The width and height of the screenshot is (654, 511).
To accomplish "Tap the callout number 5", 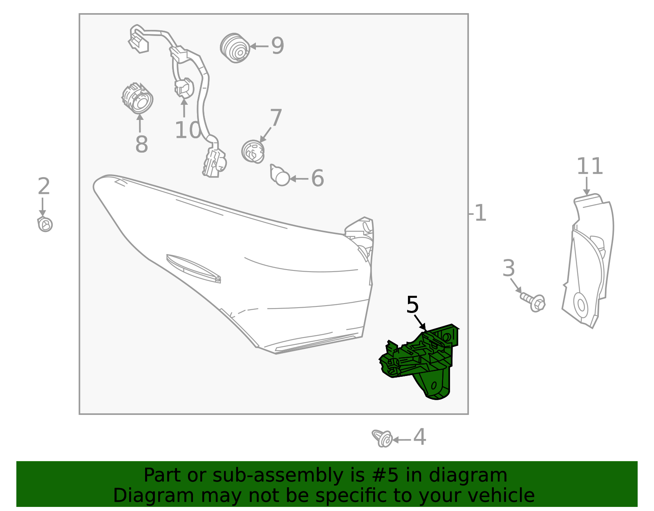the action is [412, 305].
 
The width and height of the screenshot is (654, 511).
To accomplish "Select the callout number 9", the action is [278, 46].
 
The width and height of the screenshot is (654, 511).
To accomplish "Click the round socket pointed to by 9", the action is [235, 48].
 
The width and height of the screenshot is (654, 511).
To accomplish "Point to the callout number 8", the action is [141, 144].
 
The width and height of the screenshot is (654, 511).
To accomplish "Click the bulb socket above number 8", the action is [137, 99].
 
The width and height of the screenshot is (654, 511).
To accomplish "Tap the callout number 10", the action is [188, 130].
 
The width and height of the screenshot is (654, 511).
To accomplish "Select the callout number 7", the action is [276, 118].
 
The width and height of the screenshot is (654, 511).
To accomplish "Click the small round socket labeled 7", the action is [253, 151].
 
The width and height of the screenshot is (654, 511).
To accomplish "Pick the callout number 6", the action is [317, 178].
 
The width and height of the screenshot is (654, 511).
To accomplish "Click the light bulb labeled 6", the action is [280, 175].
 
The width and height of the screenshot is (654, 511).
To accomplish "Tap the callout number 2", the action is [44, 186].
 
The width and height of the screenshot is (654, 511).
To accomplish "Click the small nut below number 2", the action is [45, 224].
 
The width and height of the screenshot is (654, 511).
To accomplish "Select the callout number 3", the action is [508, 268].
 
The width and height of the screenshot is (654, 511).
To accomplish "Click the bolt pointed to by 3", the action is [533, 302].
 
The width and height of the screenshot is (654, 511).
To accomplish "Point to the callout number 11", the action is [589, 166].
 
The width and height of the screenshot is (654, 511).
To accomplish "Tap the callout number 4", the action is [419, 437].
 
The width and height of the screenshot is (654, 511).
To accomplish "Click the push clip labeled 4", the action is [382, 439].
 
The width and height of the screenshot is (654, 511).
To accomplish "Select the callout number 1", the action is [480, 213].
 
